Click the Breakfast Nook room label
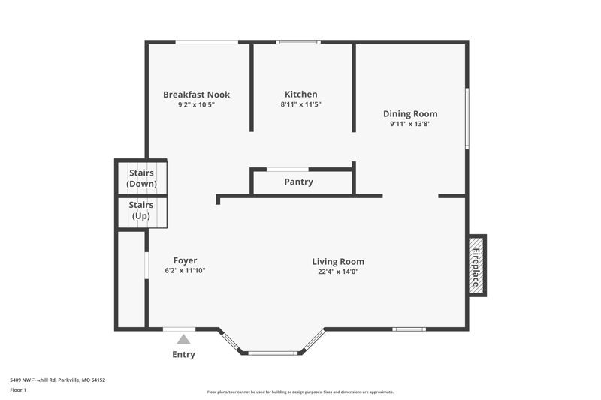(196, 95)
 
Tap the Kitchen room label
(300, 95)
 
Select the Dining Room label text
(409, 114)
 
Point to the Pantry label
(298, 182)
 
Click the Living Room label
(338, 262)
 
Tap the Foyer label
(185, 261)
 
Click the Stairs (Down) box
(141, 179)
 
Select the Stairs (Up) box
(141, 211)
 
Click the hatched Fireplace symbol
(476, 265)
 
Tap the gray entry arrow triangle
(183, 340)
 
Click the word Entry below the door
(183, 355)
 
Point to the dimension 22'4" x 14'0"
(338, 272)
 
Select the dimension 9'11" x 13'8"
(409, 124)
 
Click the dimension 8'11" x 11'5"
(300, 104)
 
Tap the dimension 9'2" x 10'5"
(196, 104)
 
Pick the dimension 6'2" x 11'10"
(185, 271)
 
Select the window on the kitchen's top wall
(298, 42)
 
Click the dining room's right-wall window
(467, 119)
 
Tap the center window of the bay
(272, 353)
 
